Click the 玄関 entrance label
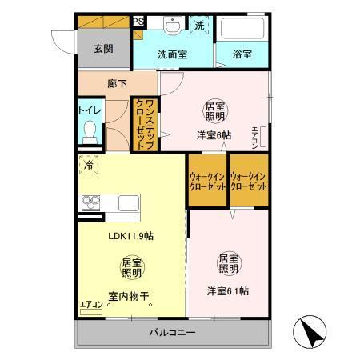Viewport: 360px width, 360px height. click(x=103, y=49)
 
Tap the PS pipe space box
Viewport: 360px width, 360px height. click(x=138, y=22)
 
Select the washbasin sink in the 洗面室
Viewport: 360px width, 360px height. click(x=173, y=26)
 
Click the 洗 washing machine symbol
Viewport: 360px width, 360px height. click(x=199, y=26)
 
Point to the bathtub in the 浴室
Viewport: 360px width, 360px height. click(x=242, y=28)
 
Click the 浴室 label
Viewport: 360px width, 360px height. click(x=242, y=54)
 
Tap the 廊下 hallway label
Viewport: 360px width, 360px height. click(x=117, y=84)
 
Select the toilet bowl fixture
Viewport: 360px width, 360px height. click(x=90, y=132)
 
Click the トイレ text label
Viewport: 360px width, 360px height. click(x=90, y=110)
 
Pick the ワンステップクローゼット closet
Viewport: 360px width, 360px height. click(x=146, y=125)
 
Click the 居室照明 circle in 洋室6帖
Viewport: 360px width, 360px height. click(x=215, y=111)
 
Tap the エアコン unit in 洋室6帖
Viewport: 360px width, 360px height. click(x=263, y=137)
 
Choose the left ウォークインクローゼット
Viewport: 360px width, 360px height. click(x=207, y=180)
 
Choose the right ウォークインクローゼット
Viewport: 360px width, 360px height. click(x=249, y=180)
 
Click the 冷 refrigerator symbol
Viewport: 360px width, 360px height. click(x=89, y=165)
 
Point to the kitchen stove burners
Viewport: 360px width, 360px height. click(x=90, y=203)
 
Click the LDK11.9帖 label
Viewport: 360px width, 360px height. click(x=130, y=236)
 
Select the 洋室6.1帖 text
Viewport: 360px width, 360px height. click(x=228, y=291)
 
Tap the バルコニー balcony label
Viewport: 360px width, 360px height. click(x=172, y=332)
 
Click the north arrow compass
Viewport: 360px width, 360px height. click(x=310, y=331)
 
